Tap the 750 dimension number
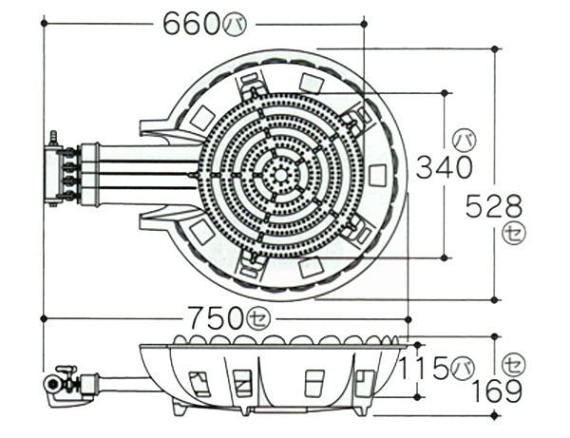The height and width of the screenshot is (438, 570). tap(217, 318)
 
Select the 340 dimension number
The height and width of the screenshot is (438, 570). tap(444, 167)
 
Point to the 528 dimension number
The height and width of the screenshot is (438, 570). tap(494, 206)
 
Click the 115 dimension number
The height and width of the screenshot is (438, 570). tap(424, 368)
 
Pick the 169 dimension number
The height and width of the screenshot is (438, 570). tap(496, 391)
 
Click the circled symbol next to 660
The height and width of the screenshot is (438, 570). tap(234, 25)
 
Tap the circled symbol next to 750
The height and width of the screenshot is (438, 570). tap(258, 319)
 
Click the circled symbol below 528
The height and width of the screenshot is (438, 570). tap(514, 235)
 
